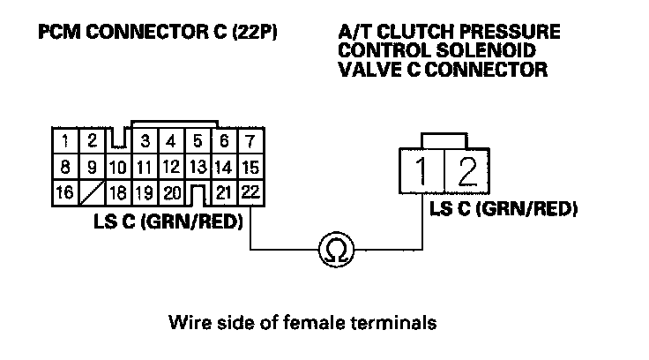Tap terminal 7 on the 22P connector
coord(250,139)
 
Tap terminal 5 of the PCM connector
coord(198,139)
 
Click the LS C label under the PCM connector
coord(168,221)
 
